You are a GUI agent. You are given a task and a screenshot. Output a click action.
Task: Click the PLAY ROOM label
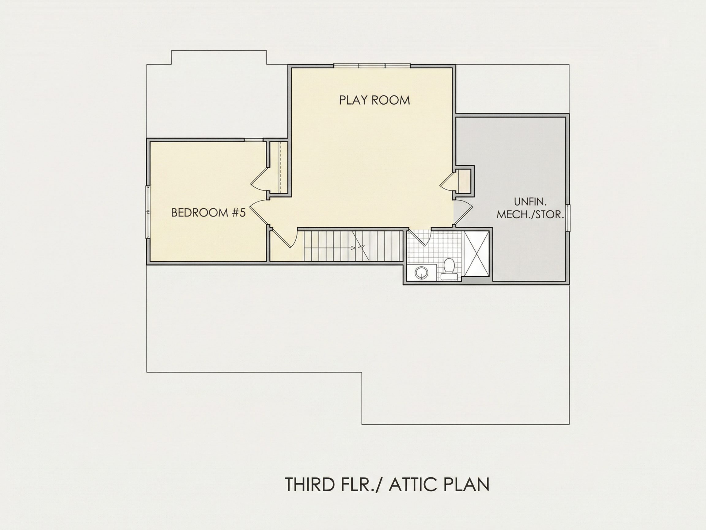374,100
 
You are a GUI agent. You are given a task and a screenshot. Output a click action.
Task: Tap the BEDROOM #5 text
208,213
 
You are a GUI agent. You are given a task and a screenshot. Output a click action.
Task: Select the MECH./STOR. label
530,214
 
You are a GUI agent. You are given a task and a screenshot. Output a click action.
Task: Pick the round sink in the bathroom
422,273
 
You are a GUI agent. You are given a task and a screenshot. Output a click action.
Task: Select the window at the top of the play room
372,66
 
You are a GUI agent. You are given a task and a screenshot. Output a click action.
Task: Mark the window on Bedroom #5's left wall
148,212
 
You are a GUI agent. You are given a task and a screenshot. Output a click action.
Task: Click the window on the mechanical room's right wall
568,217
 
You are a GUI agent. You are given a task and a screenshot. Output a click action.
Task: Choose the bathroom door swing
420,238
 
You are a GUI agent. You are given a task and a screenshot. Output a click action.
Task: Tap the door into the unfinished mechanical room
463,213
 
